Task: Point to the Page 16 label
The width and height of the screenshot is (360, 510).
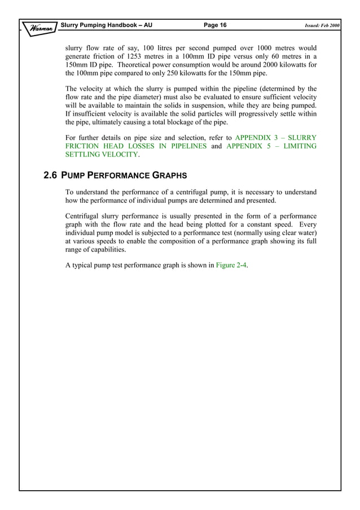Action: click(x=214, y=25)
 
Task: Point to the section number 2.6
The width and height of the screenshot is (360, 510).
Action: click(x=51, y=176)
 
